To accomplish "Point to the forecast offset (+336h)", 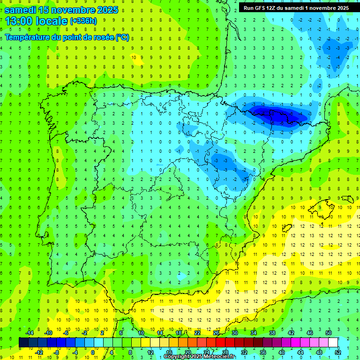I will [x=83, y=21].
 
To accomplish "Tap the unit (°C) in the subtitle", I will [x=122, y=37].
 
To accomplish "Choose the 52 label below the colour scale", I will [x=337, y=352].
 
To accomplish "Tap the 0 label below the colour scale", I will [x=93, y=352].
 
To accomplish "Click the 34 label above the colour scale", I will [x=253, y=333].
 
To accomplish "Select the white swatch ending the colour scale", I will [x=333, y=342].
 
